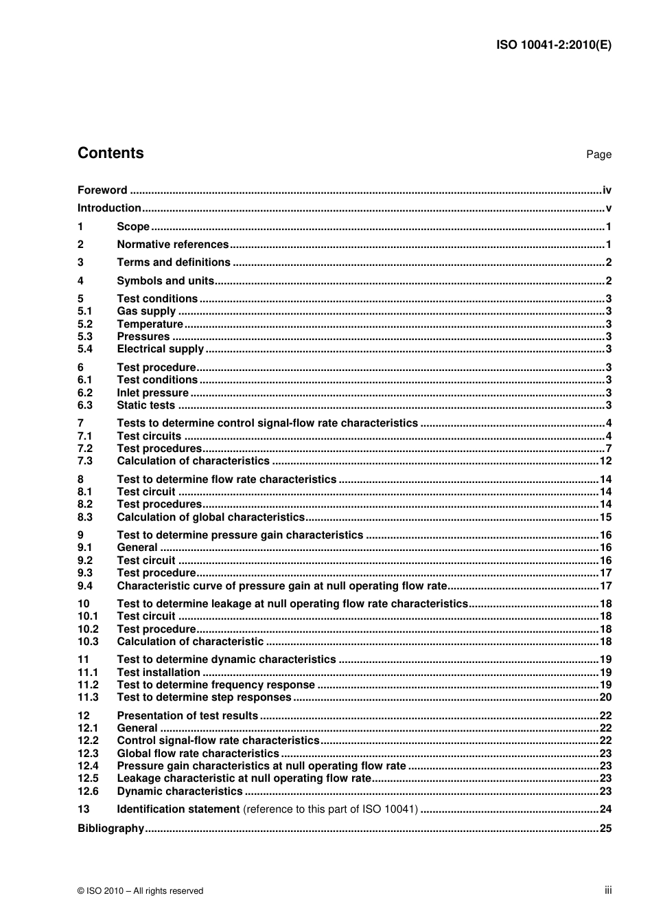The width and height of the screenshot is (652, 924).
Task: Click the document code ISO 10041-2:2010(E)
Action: coord(553,45)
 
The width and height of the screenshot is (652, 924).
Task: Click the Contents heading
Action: coord(110,153)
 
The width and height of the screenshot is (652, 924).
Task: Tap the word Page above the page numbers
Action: coord(598,155)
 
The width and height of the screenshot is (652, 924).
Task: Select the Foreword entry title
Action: coord(102,190)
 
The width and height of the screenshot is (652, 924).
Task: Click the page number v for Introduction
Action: coord(608,208)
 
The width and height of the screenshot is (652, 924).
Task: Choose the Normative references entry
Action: coord(172,245)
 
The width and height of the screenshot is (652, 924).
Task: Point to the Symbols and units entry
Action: coord(165,280)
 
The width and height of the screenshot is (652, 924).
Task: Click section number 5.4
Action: coord(85,349)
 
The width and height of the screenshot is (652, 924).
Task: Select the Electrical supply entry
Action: coord(161,349)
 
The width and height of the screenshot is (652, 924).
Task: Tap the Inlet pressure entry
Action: coord(152,393)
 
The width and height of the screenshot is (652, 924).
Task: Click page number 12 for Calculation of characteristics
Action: coord(605,461)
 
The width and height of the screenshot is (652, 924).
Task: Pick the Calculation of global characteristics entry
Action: coord(211,517)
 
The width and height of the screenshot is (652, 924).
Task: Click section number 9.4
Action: coord(85,586)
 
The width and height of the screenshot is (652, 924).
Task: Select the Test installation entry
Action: coord(159,673)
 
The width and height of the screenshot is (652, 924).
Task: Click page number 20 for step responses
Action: coord(605,697)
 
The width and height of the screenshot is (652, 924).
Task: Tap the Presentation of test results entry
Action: coord(187,716)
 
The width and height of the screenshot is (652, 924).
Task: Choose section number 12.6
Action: coord(88,791)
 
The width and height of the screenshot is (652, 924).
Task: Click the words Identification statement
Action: coord(178,809)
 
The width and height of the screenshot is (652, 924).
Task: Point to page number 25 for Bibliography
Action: coord(605,829)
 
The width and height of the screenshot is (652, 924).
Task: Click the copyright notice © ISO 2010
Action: coord(141,891)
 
